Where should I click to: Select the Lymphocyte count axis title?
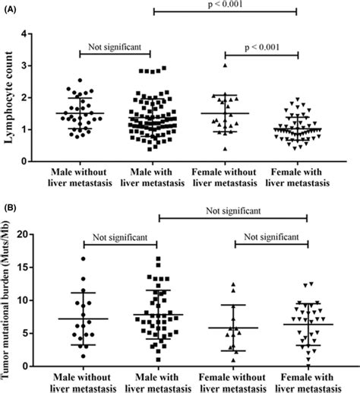[x=18, y=97]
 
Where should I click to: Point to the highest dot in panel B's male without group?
[x=83, y=258]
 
